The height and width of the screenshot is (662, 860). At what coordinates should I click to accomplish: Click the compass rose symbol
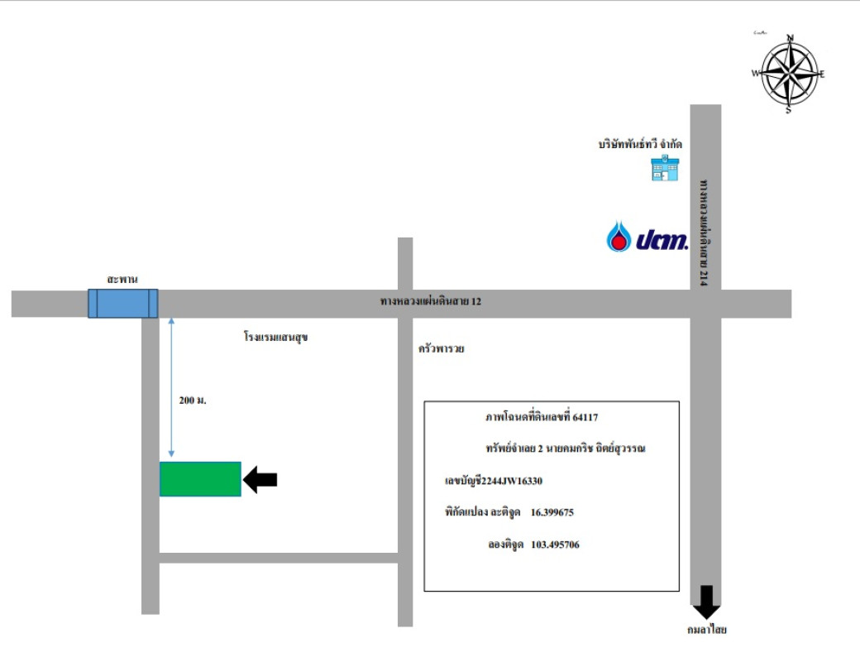click(x=789, y=74)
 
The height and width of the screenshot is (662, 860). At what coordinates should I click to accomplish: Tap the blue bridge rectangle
click(x=122, y=303)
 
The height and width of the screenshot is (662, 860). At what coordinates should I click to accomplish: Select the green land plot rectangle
click(x=200, y=479)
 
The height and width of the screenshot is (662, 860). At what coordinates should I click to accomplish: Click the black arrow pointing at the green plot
click(x=260, y=479)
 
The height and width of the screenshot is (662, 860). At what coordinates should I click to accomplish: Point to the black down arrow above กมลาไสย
click(x=706, y=602)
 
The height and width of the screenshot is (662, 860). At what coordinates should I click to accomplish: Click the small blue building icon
click(x=664, y=169)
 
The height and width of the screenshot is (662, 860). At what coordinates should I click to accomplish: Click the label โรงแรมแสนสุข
click(x=276, y=338)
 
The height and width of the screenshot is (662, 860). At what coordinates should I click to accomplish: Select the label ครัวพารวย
click(x=442, y=349)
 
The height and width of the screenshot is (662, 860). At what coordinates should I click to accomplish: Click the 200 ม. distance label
click(x=192, y=401)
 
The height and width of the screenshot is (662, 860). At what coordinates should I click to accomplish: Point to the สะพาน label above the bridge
click(x=122, y=280)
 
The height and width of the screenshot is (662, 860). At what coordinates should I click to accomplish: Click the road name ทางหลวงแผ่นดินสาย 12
click(x=430, y=302)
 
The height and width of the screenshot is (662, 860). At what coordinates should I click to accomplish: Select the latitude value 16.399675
click(x=552, y=512)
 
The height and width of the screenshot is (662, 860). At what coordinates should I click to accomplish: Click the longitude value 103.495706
click(x=555, y=544)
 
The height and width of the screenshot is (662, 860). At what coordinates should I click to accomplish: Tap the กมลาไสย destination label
click(x=706, y=630)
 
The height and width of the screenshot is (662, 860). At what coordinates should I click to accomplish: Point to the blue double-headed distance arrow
click(x=171, y=386)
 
